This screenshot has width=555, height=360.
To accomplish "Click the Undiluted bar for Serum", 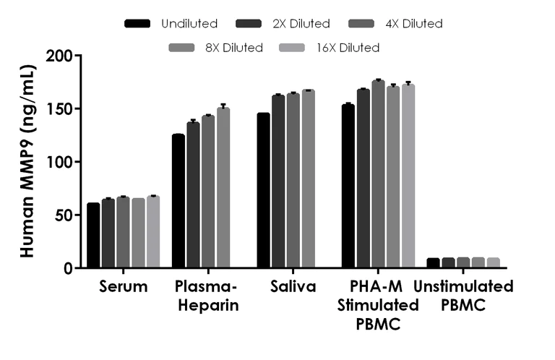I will point(93,236).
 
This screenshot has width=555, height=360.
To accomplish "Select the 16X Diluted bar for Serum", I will point(153,232).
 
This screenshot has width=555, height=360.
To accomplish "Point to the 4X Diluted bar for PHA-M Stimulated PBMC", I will point(378,174).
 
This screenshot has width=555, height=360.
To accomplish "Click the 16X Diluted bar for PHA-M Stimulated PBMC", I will point(408,176).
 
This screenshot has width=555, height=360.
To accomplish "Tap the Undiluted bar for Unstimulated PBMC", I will point(434,263).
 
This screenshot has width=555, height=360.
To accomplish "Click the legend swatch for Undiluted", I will point(137,24).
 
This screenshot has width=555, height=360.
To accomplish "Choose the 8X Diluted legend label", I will point(232,48).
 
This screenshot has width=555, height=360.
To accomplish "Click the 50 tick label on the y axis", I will point(64,215).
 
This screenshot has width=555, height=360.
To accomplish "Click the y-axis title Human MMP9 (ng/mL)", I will point(26,161).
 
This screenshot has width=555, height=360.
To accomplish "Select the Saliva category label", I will point(293,287).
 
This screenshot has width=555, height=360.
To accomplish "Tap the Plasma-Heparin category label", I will point(207,296).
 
